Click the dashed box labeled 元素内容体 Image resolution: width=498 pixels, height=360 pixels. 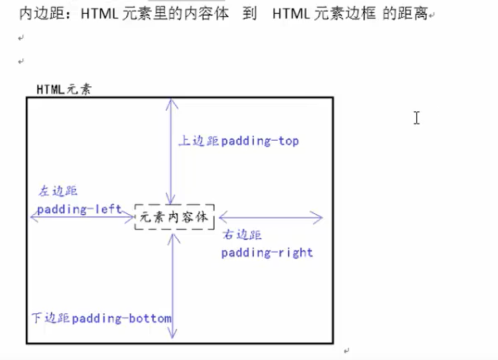tap(174, 217)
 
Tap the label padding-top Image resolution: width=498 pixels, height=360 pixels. tap(260, 141)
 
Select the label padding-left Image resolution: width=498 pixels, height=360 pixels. tap(80, 210)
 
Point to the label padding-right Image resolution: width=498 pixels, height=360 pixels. tap(267, 253)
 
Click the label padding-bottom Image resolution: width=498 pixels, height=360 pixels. tap(122, 319)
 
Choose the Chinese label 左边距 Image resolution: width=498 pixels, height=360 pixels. tap(57, 191)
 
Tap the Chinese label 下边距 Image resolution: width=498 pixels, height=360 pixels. tap(50, 319)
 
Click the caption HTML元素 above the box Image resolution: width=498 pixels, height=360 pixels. tap(64, 89)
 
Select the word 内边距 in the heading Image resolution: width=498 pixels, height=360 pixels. tap(37, 14)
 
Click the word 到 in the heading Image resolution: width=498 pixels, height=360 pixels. tap(250, 14)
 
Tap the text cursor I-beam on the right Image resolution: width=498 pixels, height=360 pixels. tap(416, 117)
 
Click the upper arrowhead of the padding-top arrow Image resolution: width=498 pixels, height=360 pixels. tap(172, 101)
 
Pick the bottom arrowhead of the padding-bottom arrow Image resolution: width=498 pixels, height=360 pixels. tap(172, 336)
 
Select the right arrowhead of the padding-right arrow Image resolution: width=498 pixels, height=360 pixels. tap(319, 218)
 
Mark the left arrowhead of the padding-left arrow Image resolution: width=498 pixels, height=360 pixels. tap(33, 218)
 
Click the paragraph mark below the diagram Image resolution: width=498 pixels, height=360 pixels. tap(346, 351)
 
